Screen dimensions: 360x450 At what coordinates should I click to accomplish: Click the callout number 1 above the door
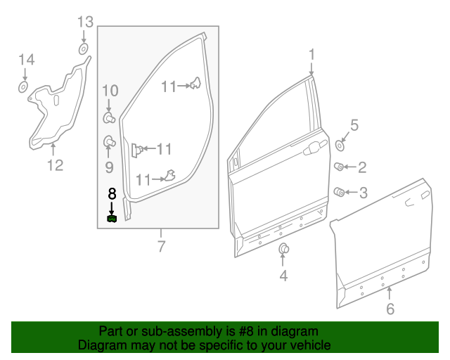coord(311,54)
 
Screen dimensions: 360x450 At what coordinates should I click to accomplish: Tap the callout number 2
coord(362,167)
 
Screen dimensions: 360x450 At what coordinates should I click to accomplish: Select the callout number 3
coord(363,192)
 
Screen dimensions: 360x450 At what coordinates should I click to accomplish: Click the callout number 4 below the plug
coord(283,276)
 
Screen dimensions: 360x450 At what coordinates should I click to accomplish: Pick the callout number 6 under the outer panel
coord(391,308)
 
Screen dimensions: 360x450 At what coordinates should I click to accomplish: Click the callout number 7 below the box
coord(161,247)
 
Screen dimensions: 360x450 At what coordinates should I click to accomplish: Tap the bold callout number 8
coord(111,193)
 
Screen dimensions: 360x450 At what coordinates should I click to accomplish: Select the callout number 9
coord(109,167)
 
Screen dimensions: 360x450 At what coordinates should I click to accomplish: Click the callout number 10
coord(110,90)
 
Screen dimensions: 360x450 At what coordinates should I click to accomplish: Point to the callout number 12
coord(55,166)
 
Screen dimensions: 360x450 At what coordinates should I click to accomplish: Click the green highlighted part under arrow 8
coord(112,219)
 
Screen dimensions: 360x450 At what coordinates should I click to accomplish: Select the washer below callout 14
coord(22,87)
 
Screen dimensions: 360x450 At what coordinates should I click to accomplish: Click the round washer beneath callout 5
coord(340,146)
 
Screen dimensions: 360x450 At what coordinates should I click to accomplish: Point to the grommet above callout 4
coord(284,248)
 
